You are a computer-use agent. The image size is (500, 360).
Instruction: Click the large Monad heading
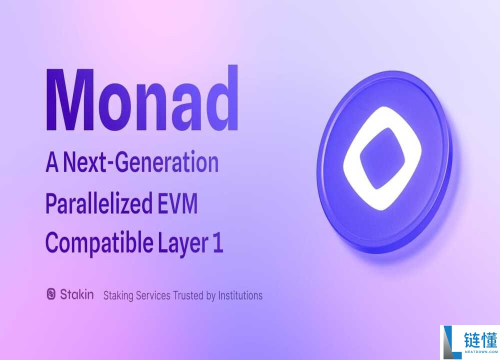[x=141, y=98]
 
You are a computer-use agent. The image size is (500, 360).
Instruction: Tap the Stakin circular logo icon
[x=51, y=294]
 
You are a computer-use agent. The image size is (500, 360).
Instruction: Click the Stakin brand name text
[x=76, y=294]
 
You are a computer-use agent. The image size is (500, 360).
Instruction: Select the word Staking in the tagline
[x=118, y=295]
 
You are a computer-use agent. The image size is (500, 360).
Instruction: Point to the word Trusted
[x=188, y=295]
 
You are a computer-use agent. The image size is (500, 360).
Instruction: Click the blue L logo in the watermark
[x=450, y=342]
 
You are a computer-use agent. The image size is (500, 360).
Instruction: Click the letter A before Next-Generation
[x=52, y=163]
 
